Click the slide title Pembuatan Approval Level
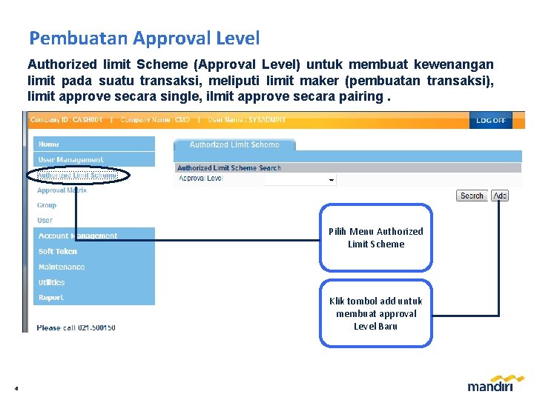pos(144,38)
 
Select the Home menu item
pos(49,144)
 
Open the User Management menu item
pos(71,160)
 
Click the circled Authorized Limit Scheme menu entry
pos(77,176)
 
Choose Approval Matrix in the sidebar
pos(62,190)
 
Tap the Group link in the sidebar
pos(47,205)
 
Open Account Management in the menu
pos(78,236)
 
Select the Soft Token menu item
pos(58,251)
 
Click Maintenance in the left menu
pos(62,267)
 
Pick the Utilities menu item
pos(52,282)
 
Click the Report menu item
pos(51,298)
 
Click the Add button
pos(500,196)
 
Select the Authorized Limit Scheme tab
pos(234,145)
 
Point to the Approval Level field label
pos(200,179)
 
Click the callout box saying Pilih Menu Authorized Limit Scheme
pos(376,238)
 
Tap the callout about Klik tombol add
pos(376,313)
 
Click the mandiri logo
pos(489,384)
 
